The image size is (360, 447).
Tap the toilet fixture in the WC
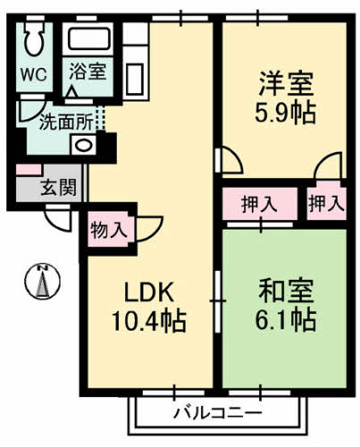(36, 40)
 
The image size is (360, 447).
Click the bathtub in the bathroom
(90, 39)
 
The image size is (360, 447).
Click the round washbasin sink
(83, 145)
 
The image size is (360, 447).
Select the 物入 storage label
(109, 230)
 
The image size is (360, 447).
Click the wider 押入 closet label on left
(259, 204)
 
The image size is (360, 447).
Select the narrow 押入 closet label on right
(324, 204)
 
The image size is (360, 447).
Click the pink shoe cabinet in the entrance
(28, 170)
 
